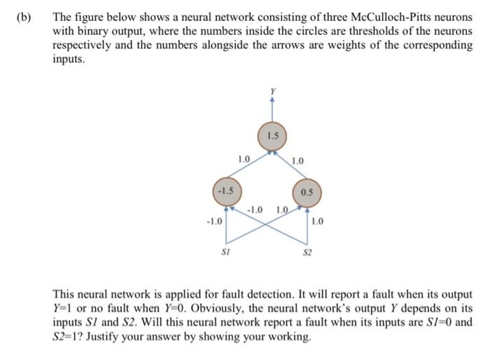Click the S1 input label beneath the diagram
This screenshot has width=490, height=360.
225,250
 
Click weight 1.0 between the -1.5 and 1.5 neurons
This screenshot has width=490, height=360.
243,159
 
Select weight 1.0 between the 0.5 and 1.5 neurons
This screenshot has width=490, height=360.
297,162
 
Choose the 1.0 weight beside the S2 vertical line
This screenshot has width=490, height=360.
317,223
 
